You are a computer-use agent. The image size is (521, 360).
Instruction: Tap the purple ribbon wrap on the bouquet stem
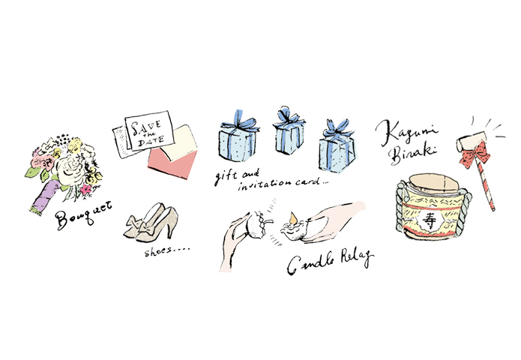point(45,196)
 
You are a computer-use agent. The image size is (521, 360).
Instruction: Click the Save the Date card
point(149,130)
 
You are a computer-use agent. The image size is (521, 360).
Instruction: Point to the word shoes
point(158,252)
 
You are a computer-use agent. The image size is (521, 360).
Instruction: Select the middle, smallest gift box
point(289,131)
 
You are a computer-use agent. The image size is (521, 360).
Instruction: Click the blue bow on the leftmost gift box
point(240,121)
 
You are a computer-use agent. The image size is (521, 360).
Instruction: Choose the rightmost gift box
point(337,146)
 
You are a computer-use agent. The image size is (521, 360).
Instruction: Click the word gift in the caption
point(226,176)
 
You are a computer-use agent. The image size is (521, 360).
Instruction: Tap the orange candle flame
point(293,218)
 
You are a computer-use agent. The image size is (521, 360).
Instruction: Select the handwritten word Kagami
point(407,132)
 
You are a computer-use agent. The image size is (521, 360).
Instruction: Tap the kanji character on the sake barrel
point(430,220)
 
